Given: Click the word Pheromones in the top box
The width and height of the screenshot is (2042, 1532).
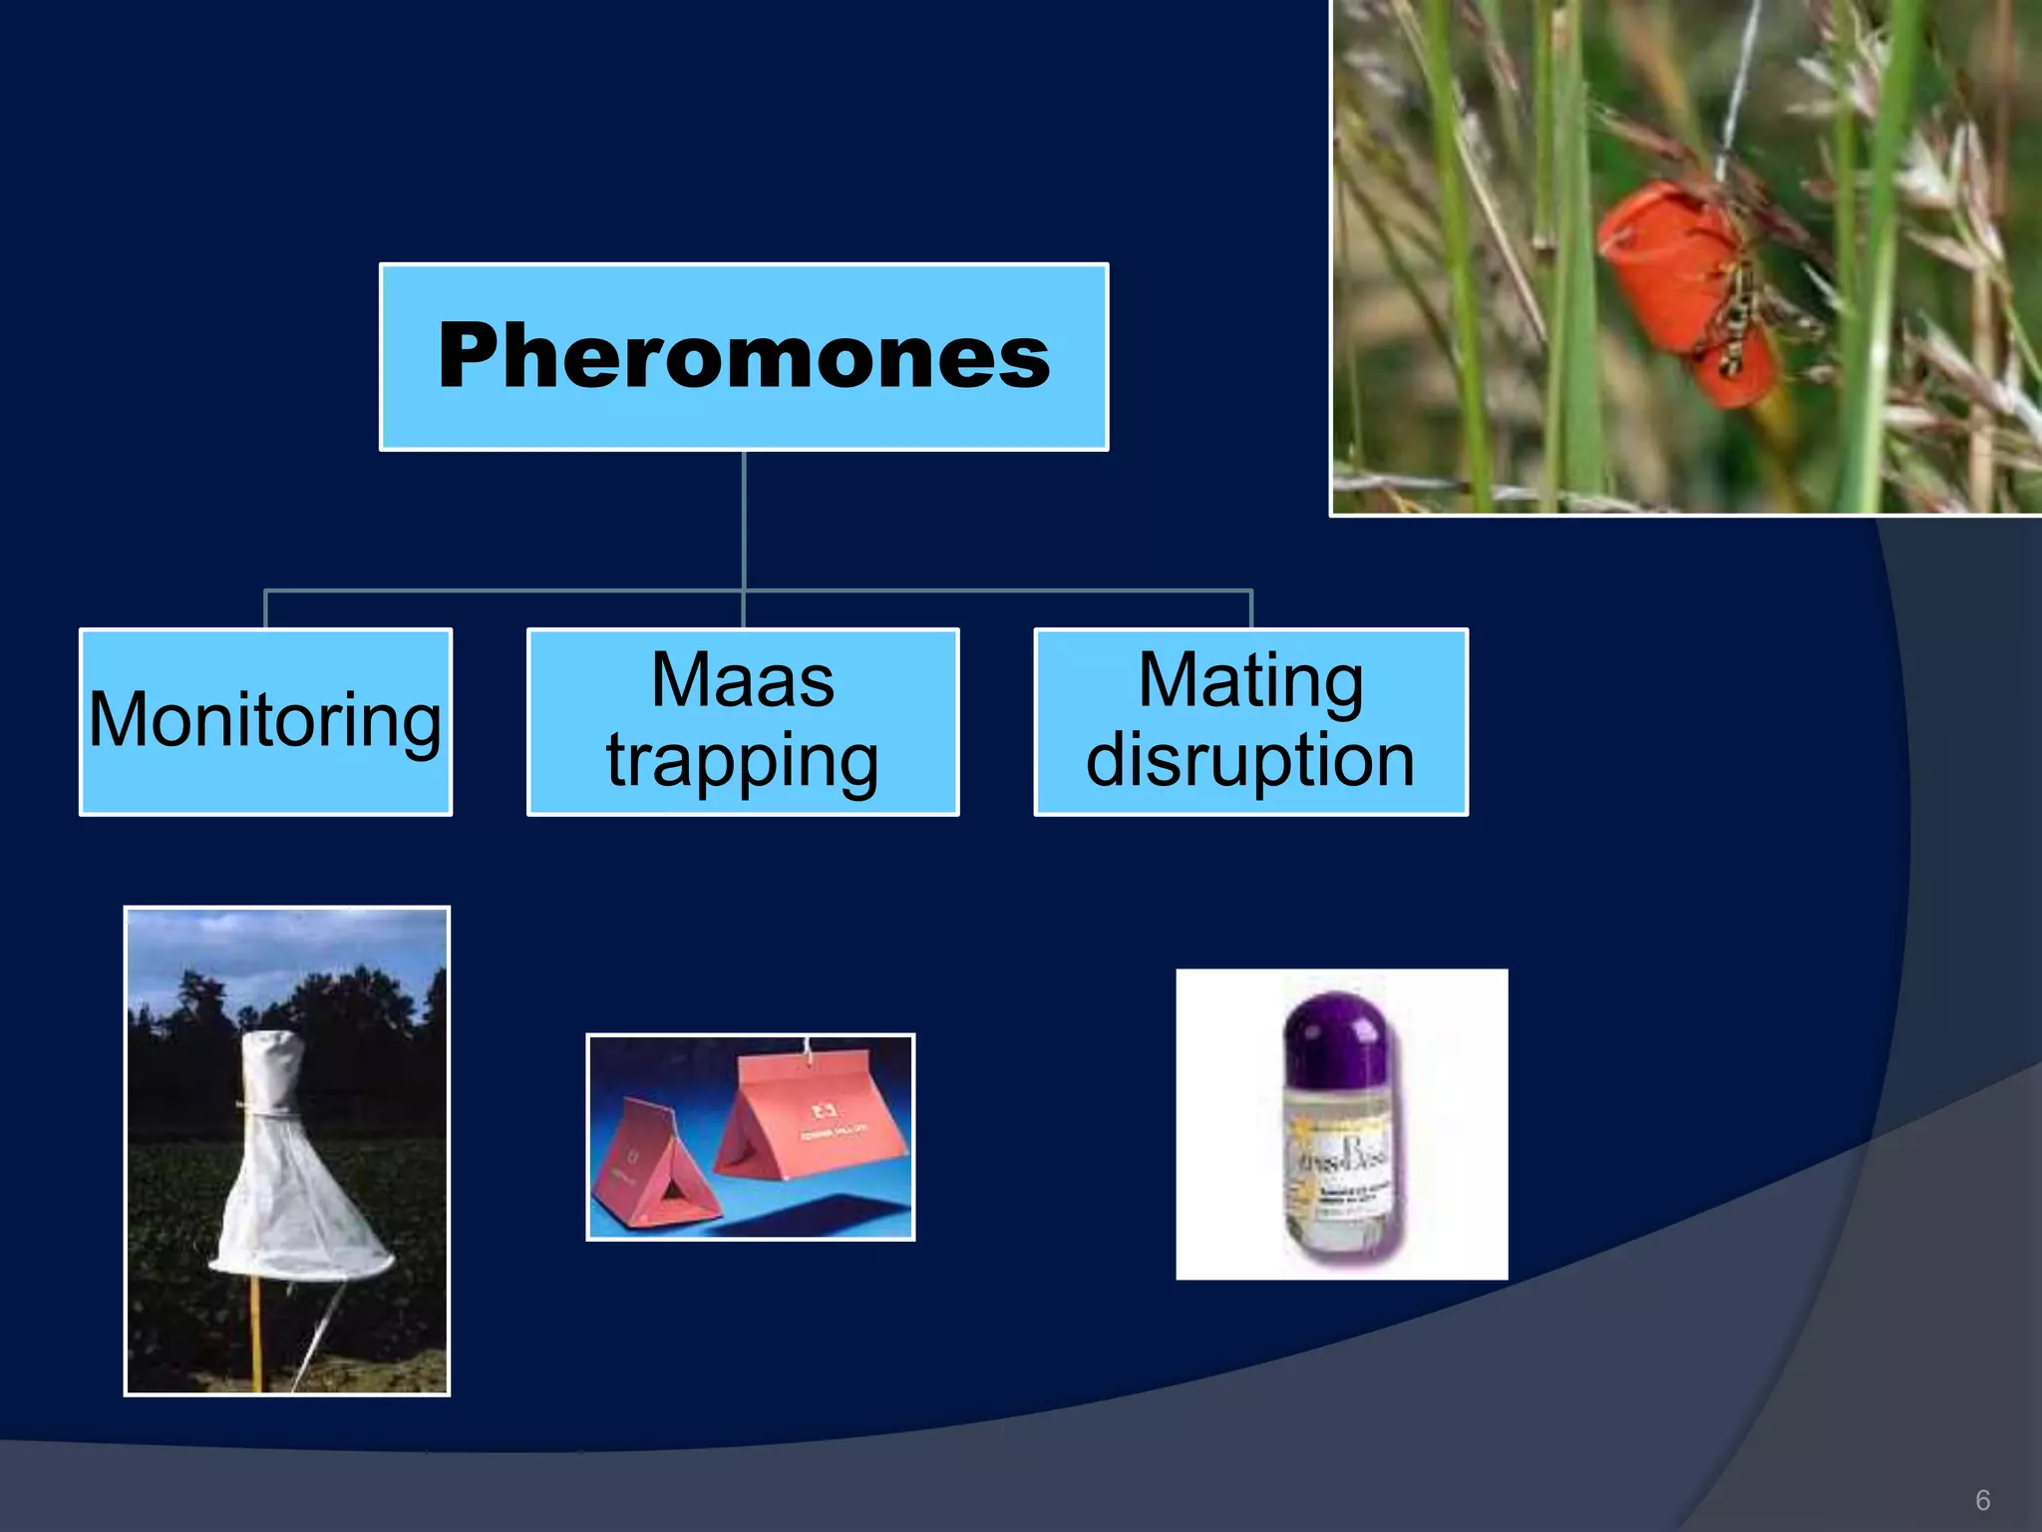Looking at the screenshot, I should [744, 356].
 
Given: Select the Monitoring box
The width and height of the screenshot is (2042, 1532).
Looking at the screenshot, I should [265, 720].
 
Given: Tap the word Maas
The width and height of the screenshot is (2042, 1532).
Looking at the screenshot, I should [743, 680].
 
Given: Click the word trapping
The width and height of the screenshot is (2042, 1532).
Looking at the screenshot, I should [743, 761].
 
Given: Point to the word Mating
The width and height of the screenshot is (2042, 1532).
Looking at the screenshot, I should [1250, 680].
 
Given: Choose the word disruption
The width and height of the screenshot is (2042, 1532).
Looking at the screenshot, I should [1250, 761].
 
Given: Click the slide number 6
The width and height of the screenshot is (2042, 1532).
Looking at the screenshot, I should [1982, 1500].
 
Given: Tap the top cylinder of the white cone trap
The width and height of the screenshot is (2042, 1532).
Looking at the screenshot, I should [271, 1072].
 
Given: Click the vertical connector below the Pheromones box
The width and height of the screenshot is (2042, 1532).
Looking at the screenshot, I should [744, 519].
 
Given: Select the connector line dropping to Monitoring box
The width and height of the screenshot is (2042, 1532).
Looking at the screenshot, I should [265, 608].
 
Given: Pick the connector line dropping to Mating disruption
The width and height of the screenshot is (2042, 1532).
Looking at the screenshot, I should [1250, 608].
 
